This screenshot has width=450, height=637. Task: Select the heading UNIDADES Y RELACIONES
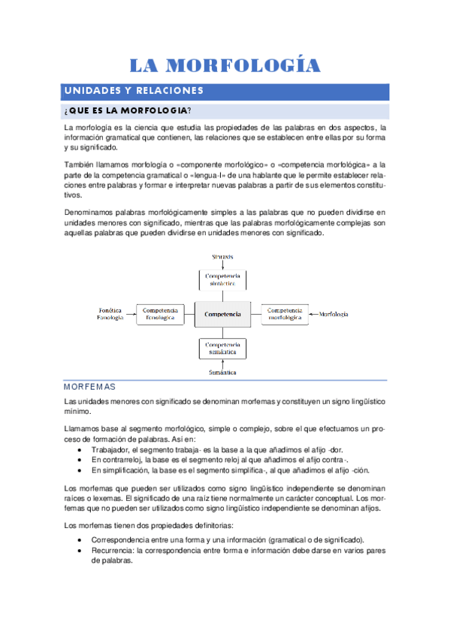(x=134, y=91)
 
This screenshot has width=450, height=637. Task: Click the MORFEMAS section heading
(x=90, y=387)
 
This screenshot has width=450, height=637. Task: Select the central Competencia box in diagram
(x=222, y=314)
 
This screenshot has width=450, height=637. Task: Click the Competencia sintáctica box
(x=222, y=280)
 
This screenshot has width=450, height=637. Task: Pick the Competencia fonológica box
(x=159, y=314)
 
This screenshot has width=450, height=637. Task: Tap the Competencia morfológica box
(x=285, y=314)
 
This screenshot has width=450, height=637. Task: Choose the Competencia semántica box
(x=222, y=348)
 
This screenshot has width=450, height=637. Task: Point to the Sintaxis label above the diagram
(x=222, y=257)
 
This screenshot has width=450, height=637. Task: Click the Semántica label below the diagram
(x=223, y=372)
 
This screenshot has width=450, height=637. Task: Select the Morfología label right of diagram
(x=334, y=313)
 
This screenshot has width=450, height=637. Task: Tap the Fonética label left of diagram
(x=110, y=309)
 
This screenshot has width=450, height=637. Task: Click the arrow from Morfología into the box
(x=313, y=313)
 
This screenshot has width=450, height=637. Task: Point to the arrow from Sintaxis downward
(x=222, y=265)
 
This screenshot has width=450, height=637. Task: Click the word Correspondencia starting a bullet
(x=121, y=539)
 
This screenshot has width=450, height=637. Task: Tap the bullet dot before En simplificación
(x=80, y=469)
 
